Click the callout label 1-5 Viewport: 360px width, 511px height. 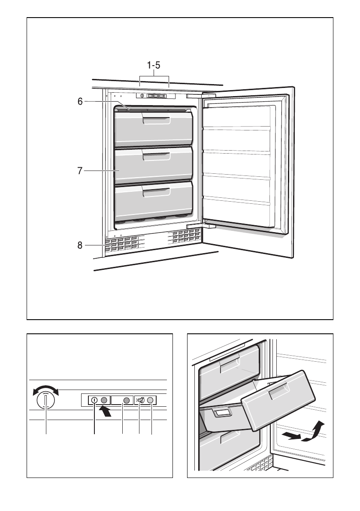point(154,66)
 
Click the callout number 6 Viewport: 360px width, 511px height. point(80,102)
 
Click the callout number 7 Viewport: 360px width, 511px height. point(80,171)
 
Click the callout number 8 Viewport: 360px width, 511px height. point(80,245)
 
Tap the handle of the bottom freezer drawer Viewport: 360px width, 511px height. point(156,193)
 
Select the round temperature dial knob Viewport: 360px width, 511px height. point(46,400)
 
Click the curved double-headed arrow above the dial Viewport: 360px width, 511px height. point(46,390)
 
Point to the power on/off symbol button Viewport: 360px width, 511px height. point(94,400)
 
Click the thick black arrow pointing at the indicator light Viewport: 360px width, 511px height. point(106,411)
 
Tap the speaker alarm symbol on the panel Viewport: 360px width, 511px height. point(140,400)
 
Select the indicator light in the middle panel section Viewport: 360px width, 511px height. point(127,400)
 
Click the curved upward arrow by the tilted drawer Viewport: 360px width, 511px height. point(313,431)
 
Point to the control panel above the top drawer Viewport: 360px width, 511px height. point(155,96)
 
